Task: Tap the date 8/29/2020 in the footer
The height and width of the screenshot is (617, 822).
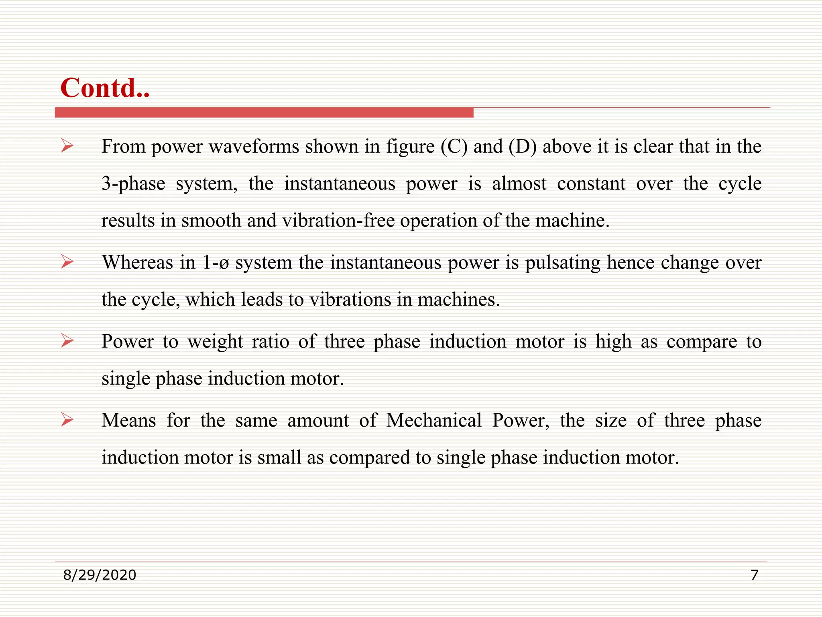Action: pos(100,575)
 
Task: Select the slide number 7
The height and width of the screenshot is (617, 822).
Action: pos(754,575)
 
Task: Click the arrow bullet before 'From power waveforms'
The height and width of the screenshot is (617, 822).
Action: pos(67,146)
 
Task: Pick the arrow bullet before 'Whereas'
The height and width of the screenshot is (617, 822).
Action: pos(67,262)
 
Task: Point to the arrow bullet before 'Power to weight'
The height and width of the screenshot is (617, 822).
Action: pos(67,341)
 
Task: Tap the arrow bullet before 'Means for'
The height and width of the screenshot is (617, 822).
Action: pos(67,420)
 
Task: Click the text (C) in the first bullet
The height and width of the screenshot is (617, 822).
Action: pos(454,146)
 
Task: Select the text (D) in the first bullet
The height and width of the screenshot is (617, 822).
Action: pos(523,146)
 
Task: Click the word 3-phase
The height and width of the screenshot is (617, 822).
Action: pos(133,184)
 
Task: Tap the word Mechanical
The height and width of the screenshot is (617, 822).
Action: pos(434,421)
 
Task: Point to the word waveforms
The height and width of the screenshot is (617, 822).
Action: pos(254,146)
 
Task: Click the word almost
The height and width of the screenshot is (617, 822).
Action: pos(519,184)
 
